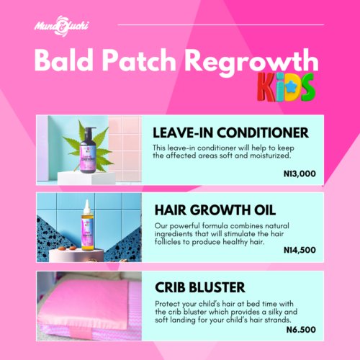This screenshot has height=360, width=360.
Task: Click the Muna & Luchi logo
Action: click(62, 26)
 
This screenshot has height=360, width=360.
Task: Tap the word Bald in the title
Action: click(63, 60)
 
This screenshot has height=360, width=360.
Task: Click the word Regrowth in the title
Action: click(252, 63)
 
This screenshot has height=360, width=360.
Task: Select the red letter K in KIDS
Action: click(266, 87)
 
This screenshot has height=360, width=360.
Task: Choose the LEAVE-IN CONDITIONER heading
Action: click(230, 132)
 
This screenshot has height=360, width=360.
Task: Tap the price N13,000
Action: click(300, 174)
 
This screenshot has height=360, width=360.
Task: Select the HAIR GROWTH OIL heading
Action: click(215, 210)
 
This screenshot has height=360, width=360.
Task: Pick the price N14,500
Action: click(300, 250)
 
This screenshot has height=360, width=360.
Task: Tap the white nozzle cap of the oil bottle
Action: click(87, 207)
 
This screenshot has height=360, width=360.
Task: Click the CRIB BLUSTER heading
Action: click(200, 287)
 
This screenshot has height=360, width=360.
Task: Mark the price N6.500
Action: click(301, 330)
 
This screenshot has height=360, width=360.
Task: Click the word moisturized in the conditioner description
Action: click(271, 156)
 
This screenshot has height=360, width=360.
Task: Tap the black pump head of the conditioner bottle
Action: click(89, 130)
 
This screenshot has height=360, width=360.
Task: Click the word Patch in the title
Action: click(139, 60)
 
